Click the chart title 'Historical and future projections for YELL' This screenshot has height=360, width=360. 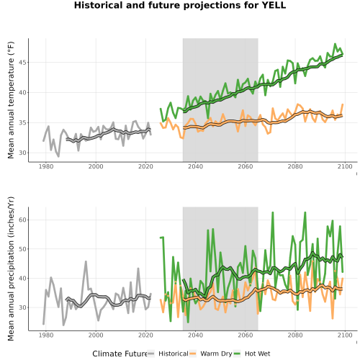pyautogui.click(x=180, y=5)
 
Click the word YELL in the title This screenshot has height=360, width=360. pyautogui.click(x=273, y=5)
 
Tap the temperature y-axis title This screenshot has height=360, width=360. pyautogui.click(x=11, y=100)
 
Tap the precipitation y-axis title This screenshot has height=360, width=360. pyautogui.click(x=11, y=269)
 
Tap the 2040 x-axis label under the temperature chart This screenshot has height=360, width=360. pyautogui.click(x=195, y=166)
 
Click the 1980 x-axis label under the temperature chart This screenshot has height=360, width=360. pyautogui.click(x=46, y=166)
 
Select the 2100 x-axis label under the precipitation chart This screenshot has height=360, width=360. pyautogui.click(x=345, y=335)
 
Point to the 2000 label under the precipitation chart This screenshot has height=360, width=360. pyautogui.click(x=96, y=335)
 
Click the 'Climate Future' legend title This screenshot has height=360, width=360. pyautogui.click(x=120, y=354)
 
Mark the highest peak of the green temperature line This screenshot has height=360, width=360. pyautogui.click(x=335, y=44)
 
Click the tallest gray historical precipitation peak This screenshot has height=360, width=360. pyautogui.click(x=86, y=261)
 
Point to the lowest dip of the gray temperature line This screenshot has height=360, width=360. pyautogui.click(x=58, y=156)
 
